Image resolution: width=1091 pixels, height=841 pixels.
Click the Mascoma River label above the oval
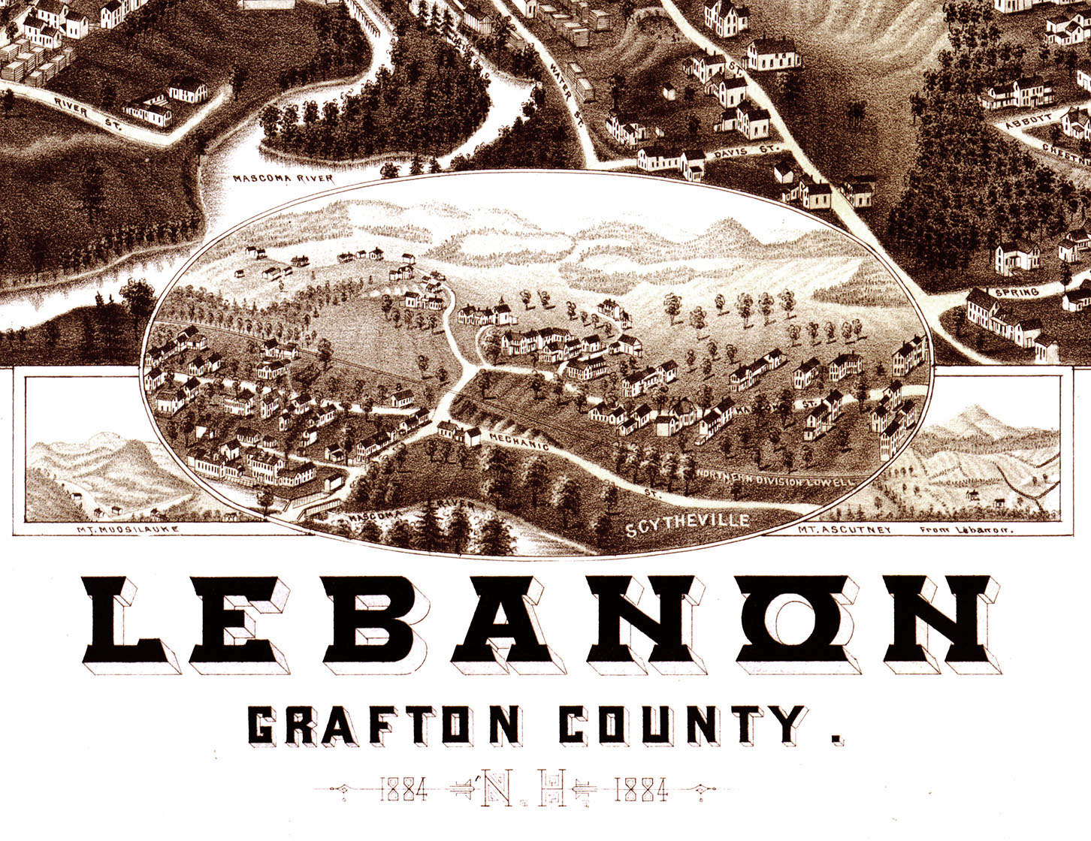tap(282, 179)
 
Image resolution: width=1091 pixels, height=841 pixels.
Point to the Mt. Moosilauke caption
tap(128, 529)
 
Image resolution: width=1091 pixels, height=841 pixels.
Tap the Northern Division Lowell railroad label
tap(775, 478)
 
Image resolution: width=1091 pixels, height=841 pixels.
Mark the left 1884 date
tap(403, 790)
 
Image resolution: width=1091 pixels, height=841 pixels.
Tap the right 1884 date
tap(641, 790)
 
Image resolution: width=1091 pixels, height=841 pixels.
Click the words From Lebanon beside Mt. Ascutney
tap(966, 530)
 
